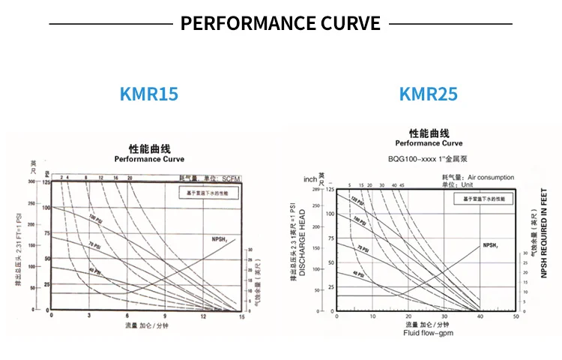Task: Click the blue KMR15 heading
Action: pos(148,94)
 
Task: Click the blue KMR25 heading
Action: pos(428,94)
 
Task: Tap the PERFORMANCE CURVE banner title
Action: pos(280,23)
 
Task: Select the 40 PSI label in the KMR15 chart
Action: pos(94,271)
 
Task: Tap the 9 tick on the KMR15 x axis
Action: pos(166,317)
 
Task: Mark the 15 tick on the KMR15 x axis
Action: pos(241,317)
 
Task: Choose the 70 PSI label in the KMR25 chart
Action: pos(363,247)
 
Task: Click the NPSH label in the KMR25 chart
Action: pos(491,244)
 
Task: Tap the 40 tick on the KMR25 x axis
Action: pos(480,317)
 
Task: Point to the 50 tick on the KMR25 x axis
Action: pos(516,317)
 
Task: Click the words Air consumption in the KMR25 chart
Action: pos(491,178)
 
